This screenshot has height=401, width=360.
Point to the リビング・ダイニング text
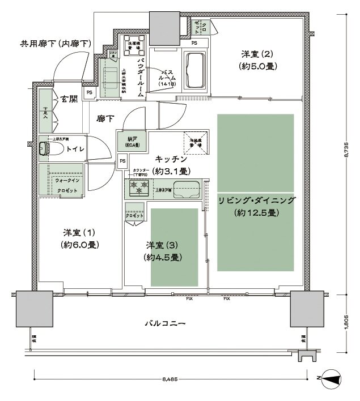[256, 201]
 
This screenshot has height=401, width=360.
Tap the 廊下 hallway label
[104, 119]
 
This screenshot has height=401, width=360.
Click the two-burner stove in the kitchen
[139, 187]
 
